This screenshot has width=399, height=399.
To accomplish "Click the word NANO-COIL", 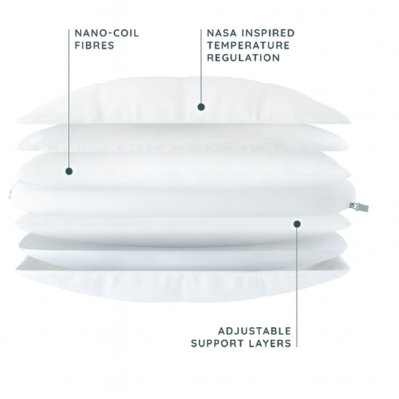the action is [x=107, y=33].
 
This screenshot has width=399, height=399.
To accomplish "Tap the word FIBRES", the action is [x=94, y=46].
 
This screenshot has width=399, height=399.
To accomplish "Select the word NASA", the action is [x=222, y=33].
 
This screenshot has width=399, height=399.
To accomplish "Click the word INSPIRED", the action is [x=268, y=33].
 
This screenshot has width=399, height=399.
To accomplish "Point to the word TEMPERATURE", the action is [x=249, y=46].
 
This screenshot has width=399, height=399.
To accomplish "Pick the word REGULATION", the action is [x=243, y=58].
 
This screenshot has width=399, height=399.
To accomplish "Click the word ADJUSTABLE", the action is [x=255, y=331].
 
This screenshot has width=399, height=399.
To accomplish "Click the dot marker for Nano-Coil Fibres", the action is [x=69, y=171].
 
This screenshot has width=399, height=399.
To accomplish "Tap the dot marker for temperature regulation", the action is [x=201, y=107].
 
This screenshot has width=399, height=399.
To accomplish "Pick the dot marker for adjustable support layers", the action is [x=297, y=224].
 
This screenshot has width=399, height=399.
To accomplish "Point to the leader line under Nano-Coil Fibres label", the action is [x=69, y=98].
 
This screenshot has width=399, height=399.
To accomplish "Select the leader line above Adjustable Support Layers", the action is [x=297, y=287].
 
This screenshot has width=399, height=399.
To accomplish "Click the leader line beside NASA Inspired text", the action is [x=201, y=66].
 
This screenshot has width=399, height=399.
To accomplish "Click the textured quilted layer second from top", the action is [x=183, y=138].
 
